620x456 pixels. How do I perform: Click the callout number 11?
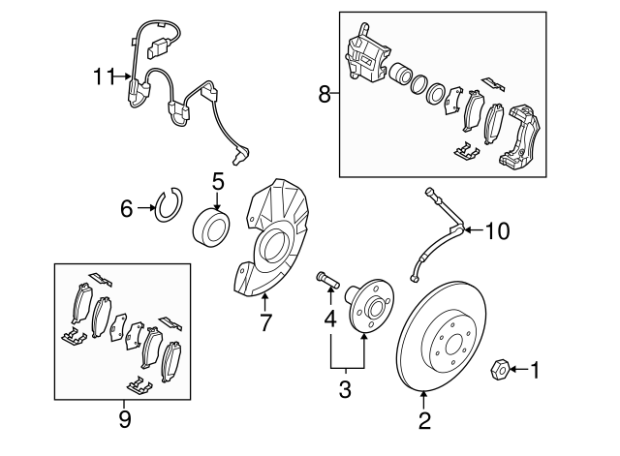104,76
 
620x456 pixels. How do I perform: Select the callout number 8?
325,95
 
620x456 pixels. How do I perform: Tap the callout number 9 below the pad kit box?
125,419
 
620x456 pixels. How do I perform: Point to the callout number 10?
497,230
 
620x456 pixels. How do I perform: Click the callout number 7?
265,322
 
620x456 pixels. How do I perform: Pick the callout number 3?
345,389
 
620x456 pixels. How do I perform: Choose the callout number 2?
424,421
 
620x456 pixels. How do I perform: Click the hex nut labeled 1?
499,370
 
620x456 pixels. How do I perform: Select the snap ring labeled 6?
170,204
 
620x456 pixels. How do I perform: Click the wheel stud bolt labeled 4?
328,280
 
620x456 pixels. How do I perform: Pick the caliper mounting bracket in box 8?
519,137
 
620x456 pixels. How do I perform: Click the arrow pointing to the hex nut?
519,370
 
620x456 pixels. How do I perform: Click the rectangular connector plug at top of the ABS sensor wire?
157,48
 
